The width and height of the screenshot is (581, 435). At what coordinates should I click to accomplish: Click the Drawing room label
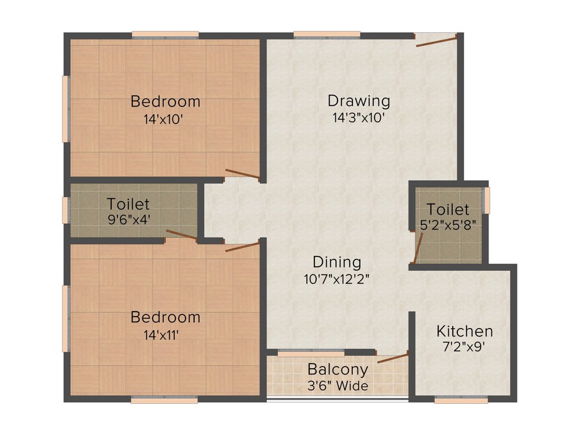click(359, 101)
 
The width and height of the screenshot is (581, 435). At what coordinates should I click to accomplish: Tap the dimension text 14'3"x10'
click(359, 118)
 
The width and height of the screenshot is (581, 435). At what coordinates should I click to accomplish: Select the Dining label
click(336, 262)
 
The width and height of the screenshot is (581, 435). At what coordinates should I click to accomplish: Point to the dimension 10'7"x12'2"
click(336, 279)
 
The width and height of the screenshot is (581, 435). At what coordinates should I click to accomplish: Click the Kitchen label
click(464, 331)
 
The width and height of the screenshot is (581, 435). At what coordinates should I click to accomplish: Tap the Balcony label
click(338, 370)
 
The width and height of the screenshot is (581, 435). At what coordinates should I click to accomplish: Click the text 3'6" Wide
click(338, 386)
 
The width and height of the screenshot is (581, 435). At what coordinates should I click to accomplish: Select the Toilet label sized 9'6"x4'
click(128, 204)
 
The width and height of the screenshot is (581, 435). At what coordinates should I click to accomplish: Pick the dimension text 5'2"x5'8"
click(448, 224)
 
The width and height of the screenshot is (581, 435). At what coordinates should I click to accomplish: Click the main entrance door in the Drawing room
click(436, 39)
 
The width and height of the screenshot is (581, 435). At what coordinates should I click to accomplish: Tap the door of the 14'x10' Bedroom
click(242, 174)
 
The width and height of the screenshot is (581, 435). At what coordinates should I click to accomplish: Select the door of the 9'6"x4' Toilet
click(181, 236)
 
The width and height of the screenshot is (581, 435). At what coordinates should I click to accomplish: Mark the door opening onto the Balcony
click(393, 357)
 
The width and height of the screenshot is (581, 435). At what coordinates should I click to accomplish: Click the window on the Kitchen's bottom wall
click(461, 399)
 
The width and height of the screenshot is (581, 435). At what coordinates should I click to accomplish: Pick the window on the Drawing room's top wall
click(327, 35)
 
